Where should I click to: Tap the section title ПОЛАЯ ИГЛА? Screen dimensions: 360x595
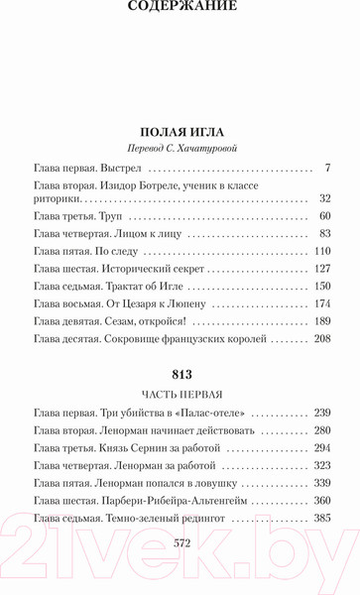pos(180,130)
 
